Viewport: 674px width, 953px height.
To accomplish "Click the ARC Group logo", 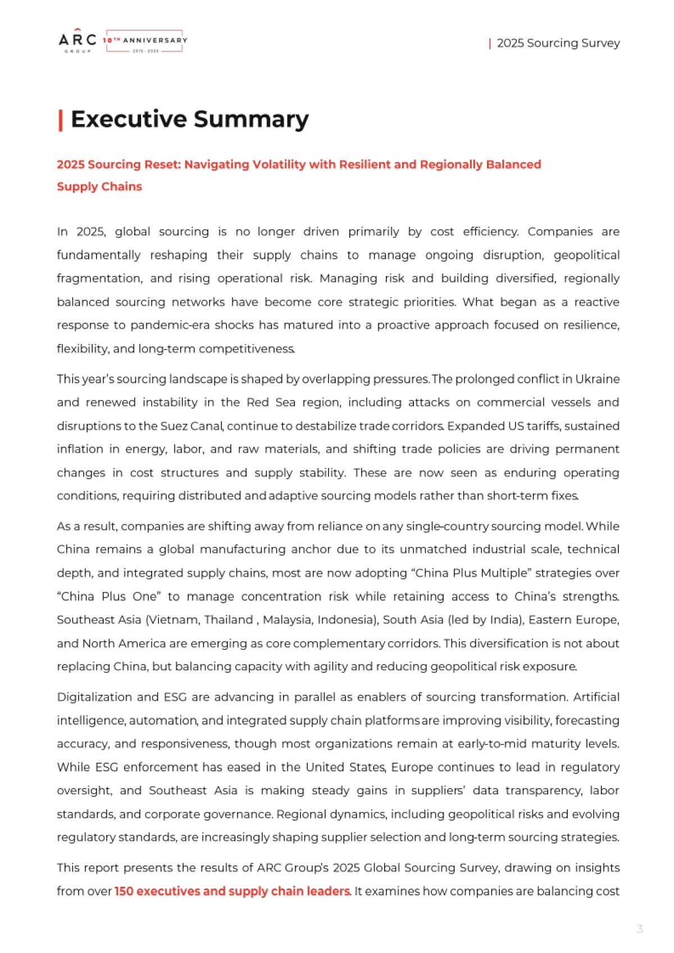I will coord(78,41).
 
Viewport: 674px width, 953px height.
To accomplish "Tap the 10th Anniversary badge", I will coord(145,41).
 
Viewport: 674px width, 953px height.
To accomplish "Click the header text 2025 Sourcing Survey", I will coord(558,43).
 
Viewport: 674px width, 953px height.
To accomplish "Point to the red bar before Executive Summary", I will coord(60,120).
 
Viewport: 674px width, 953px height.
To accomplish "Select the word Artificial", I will coord(596,697).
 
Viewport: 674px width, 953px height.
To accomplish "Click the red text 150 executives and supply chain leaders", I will coord(232,891).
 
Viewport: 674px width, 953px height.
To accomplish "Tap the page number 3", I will coord(640,929).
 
